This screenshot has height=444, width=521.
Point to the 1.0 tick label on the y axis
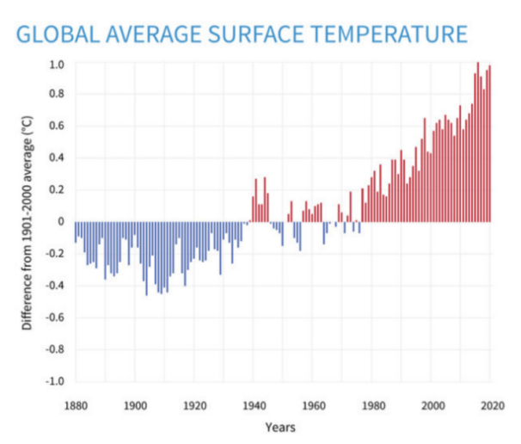[x=57, y=65]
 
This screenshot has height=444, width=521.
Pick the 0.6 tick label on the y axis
[x=57, y=127]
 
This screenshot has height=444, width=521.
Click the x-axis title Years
[x=281, y=426]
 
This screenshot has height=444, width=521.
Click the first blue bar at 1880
[x=75, y=231]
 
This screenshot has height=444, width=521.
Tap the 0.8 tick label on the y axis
[x=57, y=96]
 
